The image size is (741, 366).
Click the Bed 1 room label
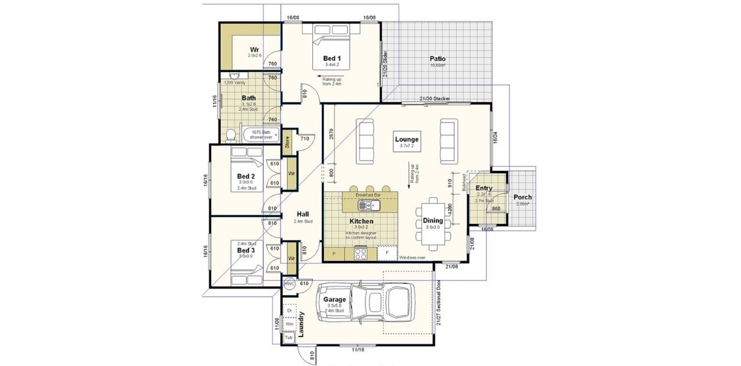331,58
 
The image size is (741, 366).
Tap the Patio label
438,59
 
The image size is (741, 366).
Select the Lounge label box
407,140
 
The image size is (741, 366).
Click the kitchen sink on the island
367,205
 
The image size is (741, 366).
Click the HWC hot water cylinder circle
289,284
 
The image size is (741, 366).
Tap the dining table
433,221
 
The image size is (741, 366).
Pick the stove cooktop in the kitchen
360,254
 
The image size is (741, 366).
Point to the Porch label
522,197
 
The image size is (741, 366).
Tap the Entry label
484,188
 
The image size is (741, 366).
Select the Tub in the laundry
289,338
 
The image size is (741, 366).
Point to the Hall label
303,214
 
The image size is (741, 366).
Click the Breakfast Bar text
367,194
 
